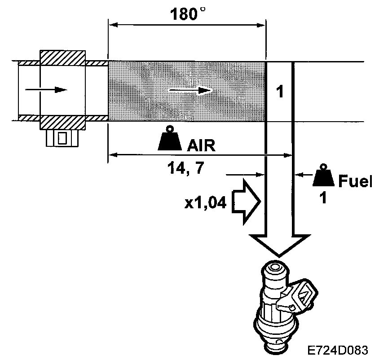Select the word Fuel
coord(355,181)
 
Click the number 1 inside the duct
coord(279,92)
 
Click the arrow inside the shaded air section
coord(190,91)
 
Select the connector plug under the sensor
coord(62,137)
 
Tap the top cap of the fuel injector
coord(275,270)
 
